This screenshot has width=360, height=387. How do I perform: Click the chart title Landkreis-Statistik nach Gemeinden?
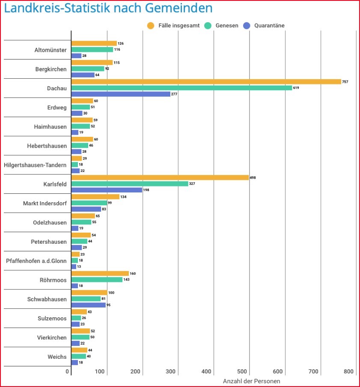[108, 8]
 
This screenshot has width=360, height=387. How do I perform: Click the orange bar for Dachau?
[206, 82]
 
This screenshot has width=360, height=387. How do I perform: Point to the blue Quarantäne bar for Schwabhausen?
[88, 305]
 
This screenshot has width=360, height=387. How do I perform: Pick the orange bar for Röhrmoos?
[100, 274]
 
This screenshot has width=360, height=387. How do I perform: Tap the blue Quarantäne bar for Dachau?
[121, 94]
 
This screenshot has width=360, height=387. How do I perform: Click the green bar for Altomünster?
[92, 50]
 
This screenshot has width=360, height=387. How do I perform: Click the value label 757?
[345, 82]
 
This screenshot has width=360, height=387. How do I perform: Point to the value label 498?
[253, 177]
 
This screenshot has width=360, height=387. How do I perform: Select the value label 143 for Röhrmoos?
[126, 280]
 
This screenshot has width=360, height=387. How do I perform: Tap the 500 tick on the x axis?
[242, 372]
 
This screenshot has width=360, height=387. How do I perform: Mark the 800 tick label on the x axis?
[348, 372]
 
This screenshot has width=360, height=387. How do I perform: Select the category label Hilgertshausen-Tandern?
[35, 165]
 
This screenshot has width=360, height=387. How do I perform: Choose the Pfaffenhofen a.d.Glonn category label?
[36, 261]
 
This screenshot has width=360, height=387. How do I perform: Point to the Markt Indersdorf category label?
[45, 203]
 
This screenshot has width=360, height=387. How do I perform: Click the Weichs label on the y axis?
[57, 357]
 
